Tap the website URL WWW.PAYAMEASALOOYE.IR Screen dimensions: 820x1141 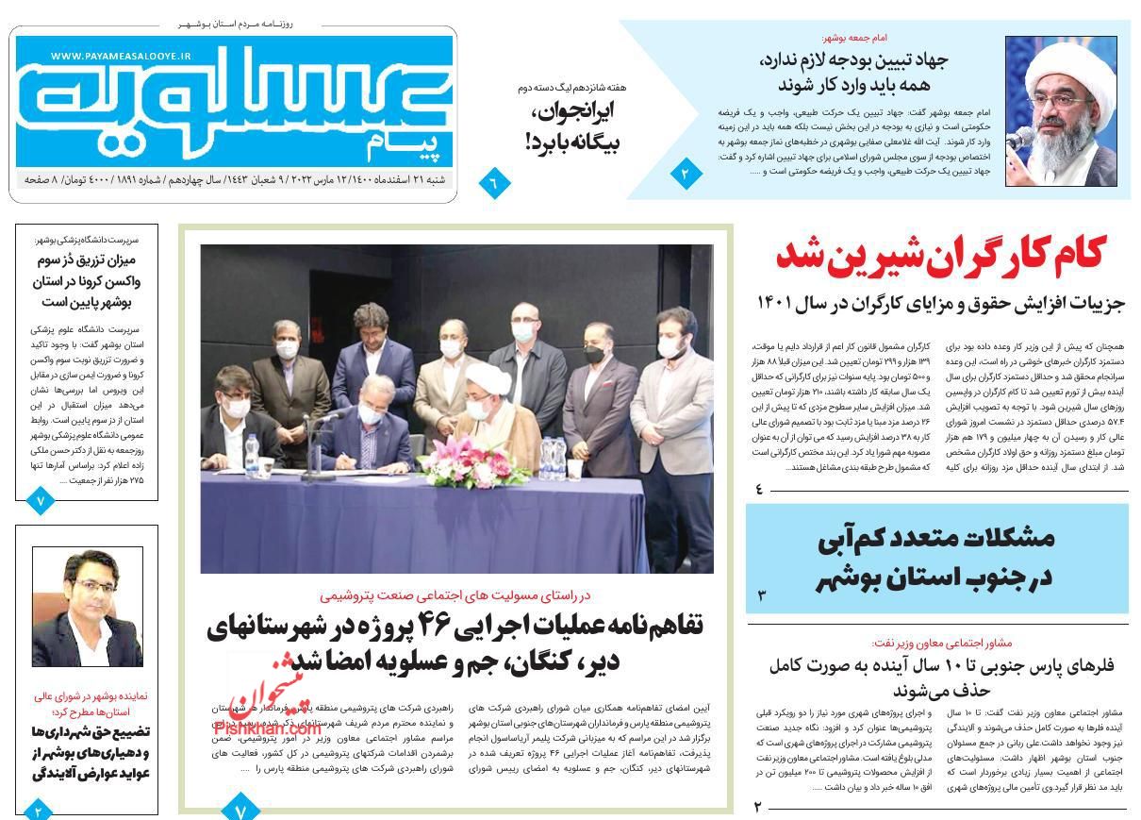[x=121, y=57]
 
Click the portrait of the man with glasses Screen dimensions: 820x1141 [x=87, y=608]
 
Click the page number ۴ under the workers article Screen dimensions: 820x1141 [x=759, y=489]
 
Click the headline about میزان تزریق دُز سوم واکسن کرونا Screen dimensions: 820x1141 [x=88, y=280]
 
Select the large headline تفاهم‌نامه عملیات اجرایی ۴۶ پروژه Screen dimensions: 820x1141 [x=455, y=642]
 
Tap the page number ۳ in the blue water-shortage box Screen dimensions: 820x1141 [x=761, y=595]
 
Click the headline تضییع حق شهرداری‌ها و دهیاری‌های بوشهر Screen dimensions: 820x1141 [x=87, y=753]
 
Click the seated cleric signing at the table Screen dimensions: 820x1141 [x=490, y=415]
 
